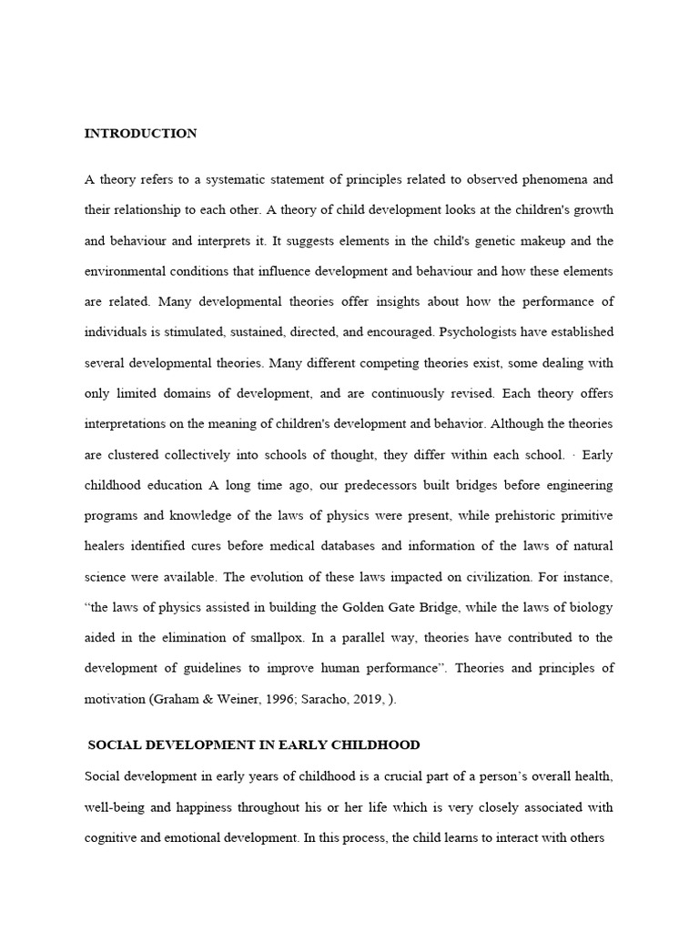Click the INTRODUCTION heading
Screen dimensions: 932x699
click(140, 134)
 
